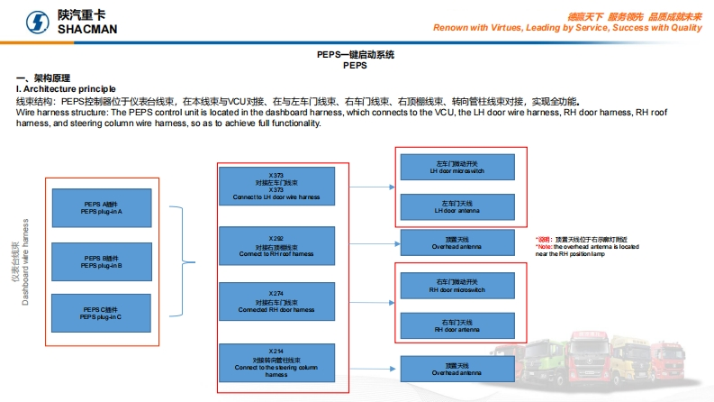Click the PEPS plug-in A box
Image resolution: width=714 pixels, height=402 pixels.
click(101, 208)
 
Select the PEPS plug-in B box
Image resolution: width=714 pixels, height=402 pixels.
click(101, 261)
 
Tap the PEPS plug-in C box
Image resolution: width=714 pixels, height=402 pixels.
click(101, 313)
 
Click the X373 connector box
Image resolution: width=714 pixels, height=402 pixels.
click(276, 187)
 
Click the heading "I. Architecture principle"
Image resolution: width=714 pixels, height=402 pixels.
click(66, 89)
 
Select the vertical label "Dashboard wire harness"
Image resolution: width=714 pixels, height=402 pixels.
click(26, 261)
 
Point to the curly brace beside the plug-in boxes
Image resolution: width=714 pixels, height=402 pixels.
click(186, 261)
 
